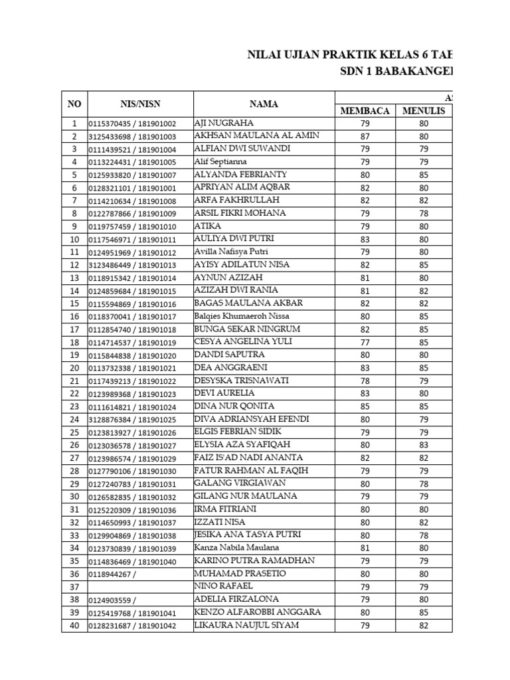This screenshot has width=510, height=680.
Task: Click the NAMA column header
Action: tap(264, 104)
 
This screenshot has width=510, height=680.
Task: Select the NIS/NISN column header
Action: tap(140, 104)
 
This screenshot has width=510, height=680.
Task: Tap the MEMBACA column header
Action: tap(365, 111)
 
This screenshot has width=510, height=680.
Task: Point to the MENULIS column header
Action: tap(424, 111)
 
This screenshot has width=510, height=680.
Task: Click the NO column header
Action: tap(74, 104)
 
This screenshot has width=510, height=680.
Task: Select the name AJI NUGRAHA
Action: tap(224, 123)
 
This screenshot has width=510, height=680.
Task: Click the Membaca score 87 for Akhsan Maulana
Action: tap(365, 136)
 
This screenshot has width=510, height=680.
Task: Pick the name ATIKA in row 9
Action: tap(207, 226)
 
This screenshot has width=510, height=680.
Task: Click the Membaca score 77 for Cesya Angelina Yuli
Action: tap(365, 342)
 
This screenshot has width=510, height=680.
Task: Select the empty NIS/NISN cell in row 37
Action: tap(140, 586)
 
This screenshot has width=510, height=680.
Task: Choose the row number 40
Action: tap(74, 625)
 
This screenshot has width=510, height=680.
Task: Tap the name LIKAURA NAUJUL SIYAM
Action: tap(246, 625)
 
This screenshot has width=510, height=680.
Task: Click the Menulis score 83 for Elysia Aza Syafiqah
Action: tap(424, 445)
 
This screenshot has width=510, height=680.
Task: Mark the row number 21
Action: tap(74, 381)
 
